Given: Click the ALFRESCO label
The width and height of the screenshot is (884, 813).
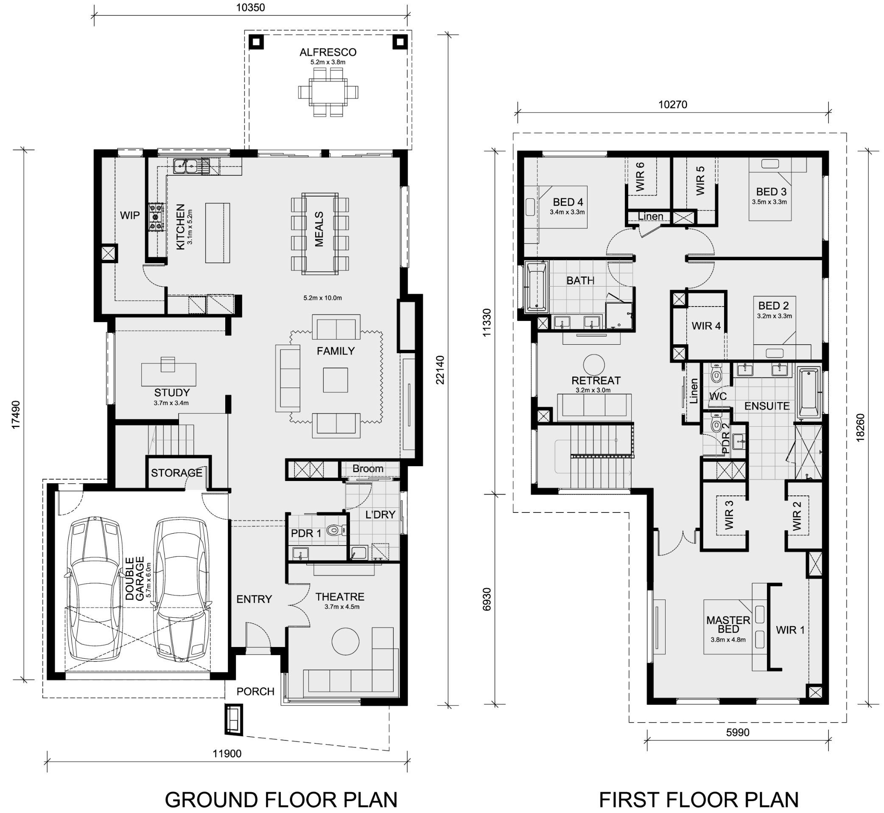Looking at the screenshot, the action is (x=328, y=52).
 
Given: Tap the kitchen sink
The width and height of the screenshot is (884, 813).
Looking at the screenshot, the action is (x=185, y=166).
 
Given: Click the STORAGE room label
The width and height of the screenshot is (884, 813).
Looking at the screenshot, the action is (x=177, y=473).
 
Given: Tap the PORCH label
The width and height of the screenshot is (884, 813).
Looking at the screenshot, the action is (x=255, y=692).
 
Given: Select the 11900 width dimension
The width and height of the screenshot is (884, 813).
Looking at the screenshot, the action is (x=227, y=754).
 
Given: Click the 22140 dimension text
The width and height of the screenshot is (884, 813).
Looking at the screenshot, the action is (x=440, y=370).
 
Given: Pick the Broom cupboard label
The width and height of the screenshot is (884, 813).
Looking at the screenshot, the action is (x=368, y=469).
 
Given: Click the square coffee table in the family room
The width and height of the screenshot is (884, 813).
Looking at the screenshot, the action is (x=336, y=380).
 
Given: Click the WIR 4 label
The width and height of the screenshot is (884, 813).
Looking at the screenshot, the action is (x=706, y=326).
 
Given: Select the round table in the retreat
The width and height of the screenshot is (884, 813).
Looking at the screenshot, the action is (x=594, y=365).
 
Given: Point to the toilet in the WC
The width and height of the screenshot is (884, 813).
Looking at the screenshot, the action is (x=716, y=374).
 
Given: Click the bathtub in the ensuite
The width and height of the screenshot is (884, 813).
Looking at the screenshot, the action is (x=809, y=391).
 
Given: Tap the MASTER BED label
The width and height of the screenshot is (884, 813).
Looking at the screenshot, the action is (x=728, y=625).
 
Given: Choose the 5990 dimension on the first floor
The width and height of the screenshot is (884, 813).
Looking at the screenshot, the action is (x=738, y=732).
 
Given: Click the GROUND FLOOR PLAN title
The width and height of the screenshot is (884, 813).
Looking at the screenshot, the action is (x=281, y=799).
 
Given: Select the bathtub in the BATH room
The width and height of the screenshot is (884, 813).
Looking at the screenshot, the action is (x=536, y=287).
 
